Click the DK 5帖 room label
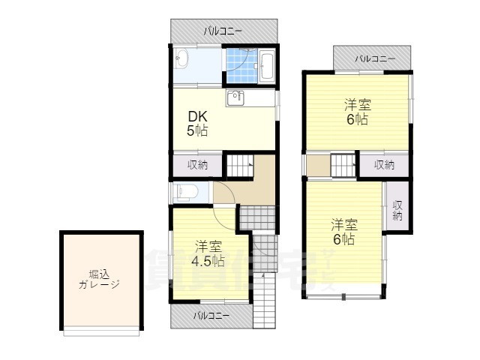(x=197, y=124)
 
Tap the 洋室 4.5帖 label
(x=208, y=253)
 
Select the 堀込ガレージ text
(x=99, y=279)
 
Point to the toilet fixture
(x=186, y=192)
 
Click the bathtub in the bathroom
(x=267, y=67)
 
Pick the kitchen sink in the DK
(x=235, y=97)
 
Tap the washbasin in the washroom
(x=181, y=58)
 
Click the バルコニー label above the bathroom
(x=223, y=31)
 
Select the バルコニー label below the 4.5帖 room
(x=211, y=315)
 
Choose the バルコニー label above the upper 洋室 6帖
(x=375, y=58)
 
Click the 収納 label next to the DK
(x=197, y=165)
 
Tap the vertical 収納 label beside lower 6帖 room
(x=397, y=211)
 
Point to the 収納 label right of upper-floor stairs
(x=385, y=165)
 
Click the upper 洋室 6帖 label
(x=358, y=112)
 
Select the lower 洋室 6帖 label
(x=344, y=232)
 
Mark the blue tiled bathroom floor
(x=241, y=65)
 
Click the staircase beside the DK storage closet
(x=240, y=166)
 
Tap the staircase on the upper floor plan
(x=343, y=166)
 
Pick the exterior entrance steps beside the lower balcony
(x=265, y=300)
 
